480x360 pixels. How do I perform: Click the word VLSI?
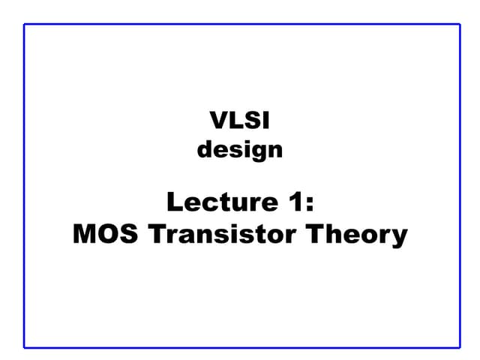pos(240,119)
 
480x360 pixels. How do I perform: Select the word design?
pos(240,150)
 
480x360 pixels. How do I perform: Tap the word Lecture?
pos(217,202)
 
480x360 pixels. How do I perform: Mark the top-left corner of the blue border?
pos(25,25)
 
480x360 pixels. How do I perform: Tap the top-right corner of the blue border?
pos(459,25)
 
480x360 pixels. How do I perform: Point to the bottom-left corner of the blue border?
pos(25,347)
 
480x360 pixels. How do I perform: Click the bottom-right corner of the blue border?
pos(459,347)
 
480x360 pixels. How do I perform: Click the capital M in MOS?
pos(85,235)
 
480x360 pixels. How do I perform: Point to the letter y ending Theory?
pos(400,238)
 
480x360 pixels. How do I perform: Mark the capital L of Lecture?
pos(174,202)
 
